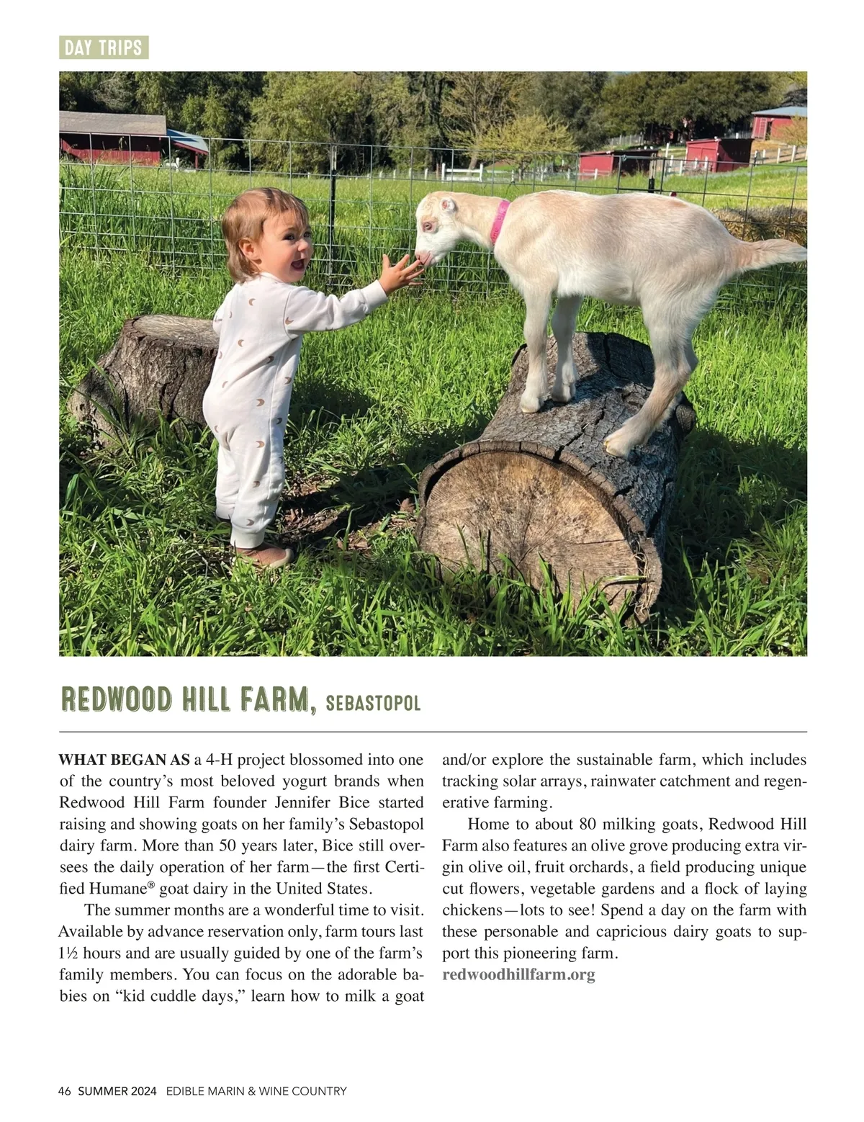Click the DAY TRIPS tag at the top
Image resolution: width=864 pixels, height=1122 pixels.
pos(103,48)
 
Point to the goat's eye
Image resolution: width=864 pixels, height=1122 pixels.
pos(429,225)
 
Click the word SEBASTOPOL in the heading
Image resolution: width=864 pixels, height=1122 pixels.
pos(373,704)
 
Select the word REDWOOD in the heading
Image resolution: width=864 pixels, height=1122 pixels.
pos(117,700)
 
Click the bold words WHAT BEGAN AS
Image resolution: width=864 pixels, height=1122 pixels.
pos(124,760)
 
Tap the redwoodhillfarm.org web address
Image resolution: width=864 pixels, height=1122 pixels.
pos(518,975)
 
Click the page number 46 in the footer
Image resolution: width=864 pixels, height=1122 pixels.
pos(65,1091)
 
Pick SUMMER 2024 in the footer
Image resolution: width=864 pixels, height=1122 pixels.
pos(117,1091)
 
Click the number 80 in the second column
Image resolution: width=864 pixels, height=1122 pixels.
pos(588,824)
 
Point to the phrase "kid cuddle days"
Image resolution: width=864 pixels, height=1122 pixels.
pos(181,997)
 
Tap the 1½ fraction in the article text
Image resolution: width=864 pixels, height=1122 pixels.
pos(68,953)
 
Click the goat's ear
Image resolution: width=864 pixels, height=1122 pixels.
pos(449,206)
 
